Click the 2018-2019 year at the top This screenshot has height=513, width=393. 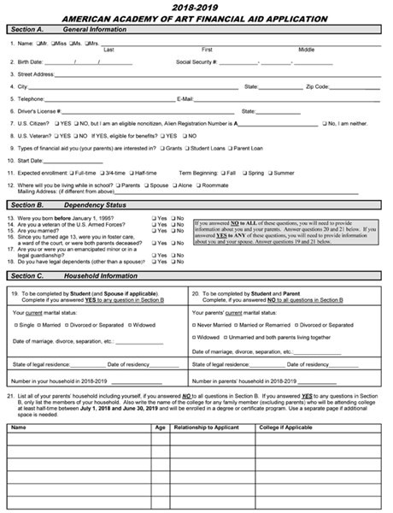tap(196, 6)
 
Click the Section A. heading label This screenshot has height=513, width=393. tap(28, 28)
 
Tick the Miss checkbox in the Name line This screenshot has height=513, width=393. tap(53, 42)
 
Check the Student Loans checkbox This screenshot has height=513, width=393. tap(186, 147)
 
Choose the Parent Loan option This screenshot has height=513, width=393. tap(229, 147)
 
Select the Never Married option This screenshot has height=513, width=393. tap(195, 325)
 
